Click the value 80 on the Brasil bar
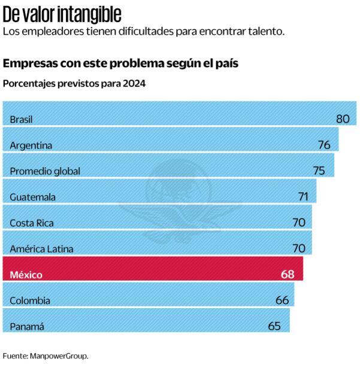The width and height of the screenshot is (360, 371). [x=342, y=118]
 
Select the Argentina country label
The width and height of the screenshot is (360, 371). [x=31, y=145]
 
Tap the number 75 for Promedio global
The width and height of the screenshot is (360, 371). [x=319, y=171]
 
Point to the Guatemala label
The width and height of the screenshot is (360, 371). [x=33, y=197]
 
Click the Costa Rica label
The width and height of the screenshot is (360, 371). [x=32, y=223]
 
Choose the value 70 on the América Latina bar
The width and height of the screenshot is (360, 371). [x=299, y=248]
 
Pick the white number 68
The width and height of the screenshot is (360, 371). [x=288, y=274]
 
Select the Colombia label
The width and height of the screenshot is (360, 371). [x=30, y=300]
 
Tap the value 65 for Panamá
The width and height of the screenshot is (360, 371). [x=274, y=326]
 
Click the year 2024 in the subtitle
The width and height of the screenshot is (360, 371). [x=134, y=84]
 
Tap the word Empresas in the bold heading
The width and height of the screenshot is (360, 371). [x=28, y=63]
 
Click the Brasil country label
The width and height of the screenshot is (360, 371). [x=21, y=119]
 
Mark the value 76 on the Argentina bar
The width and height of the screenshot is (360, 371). [x=324, y=145]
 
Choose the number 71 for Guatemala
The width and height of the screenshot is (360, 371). [x=304, y=196]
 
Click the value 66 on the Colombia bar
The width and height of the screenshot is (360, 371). [x=282, y=300]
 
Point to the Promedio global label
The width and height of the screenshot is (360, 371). [x=45, y=171]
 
